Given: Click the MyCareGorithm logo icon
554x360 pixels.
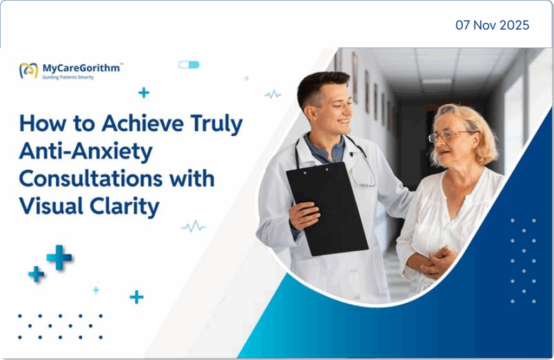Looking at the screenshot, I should click(29, 70).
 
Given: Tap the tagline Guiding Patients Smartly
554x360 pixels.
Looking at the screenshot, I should click(68, 78).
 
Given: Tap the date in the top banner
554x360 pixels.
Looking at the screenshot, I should click(492, 25).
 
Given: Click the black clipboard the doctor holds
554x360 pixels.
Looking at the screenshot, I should click(327, 208).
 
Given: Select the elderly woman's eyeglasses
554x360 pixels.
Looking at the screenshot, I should click(446, 136).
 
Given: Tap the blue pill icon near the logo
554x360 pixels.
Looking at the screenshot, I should click(189, 65).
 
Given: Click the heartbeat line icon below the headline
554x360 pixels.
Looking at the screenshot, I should click(193, 226).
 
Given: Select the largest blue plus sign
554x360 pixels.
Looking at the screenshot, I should click(59, 257).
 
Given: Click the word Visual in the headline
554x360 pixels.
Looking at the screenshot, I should click(44, 206).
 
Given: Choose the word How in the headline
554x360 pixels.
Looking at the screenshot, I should click(39, 124).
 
